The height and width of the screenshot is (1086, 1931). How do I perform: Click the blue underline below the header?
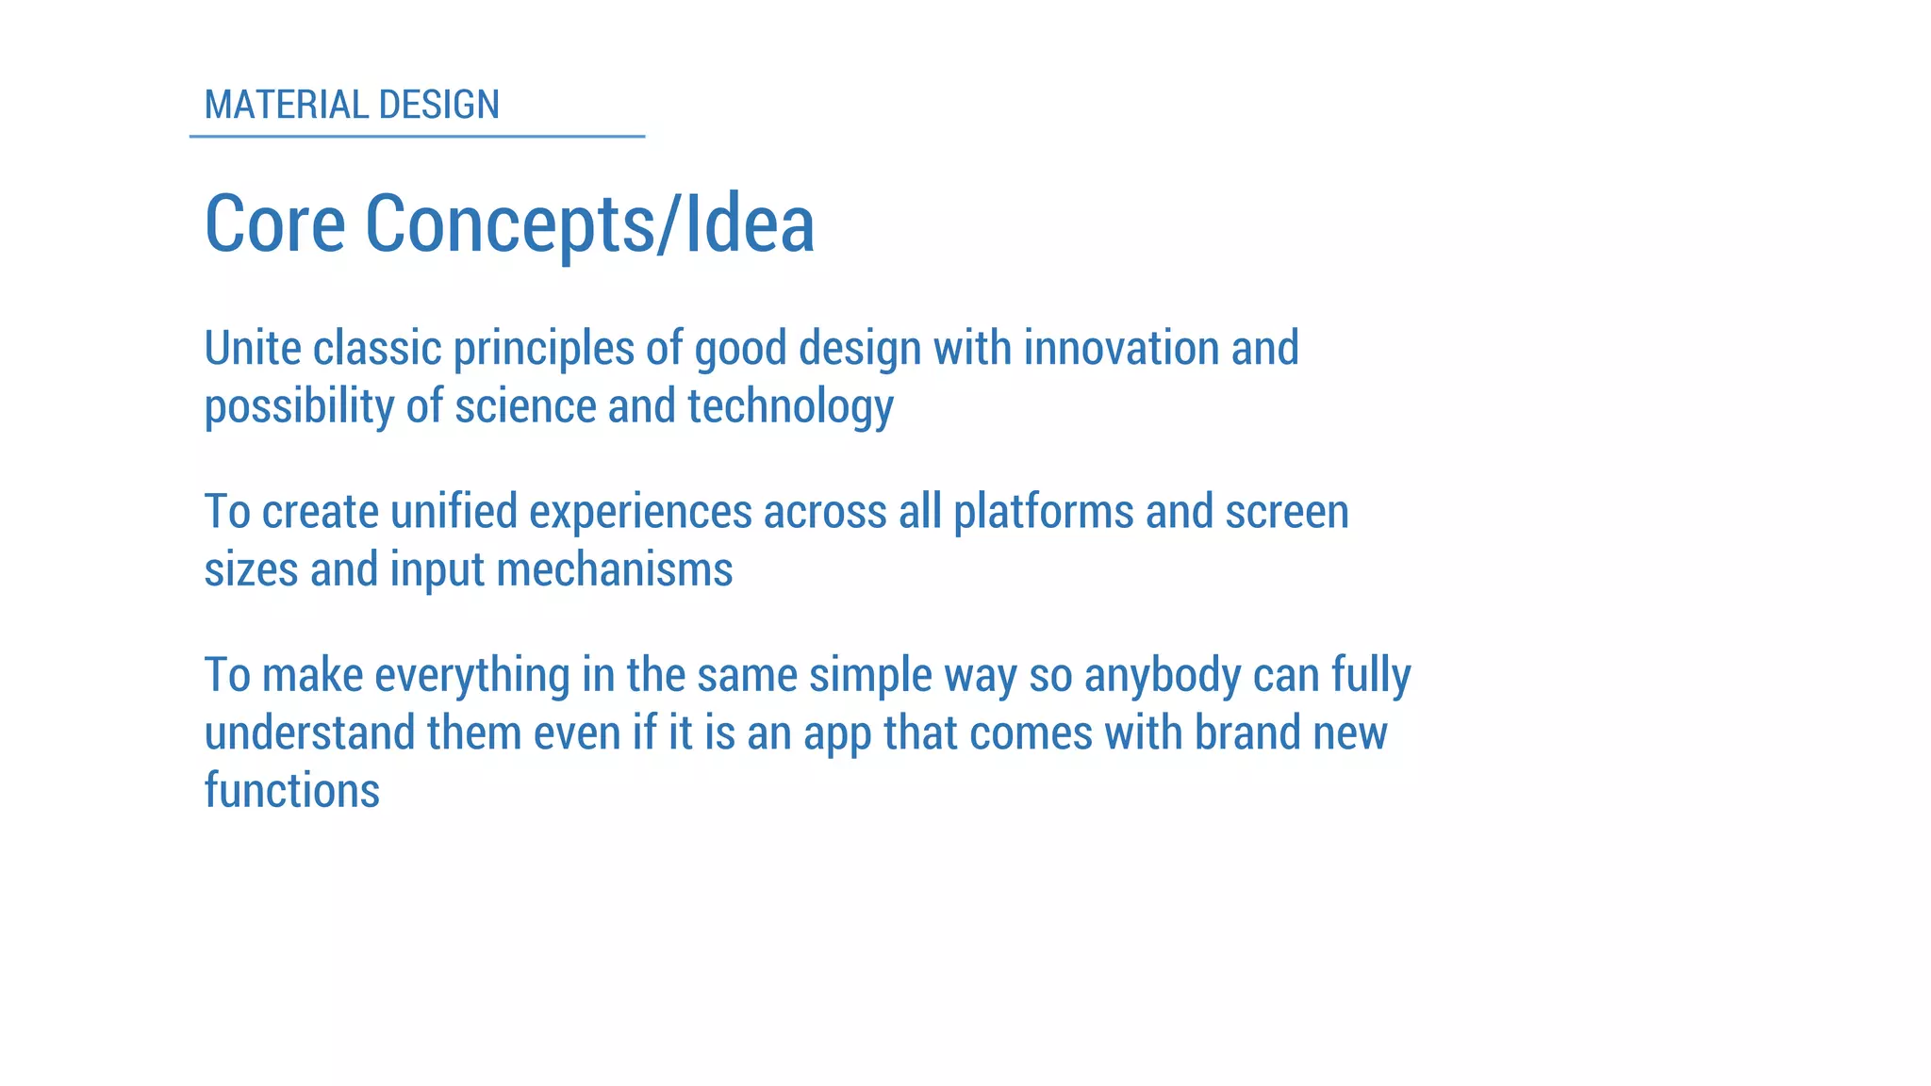click(417, 137)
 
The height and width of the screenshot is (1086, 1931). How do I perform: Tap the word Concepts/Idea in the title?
click(589, 226)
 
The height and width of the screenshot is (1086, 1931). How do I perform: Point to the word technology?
click(790, 408)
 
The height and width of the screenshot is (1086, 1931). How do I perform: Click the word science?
click(525, 406)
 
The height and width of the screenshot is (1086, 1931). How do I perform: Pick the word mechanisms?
click(614, 570)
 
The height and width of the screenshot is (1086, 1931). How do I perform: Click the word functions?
click(292, 791)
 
